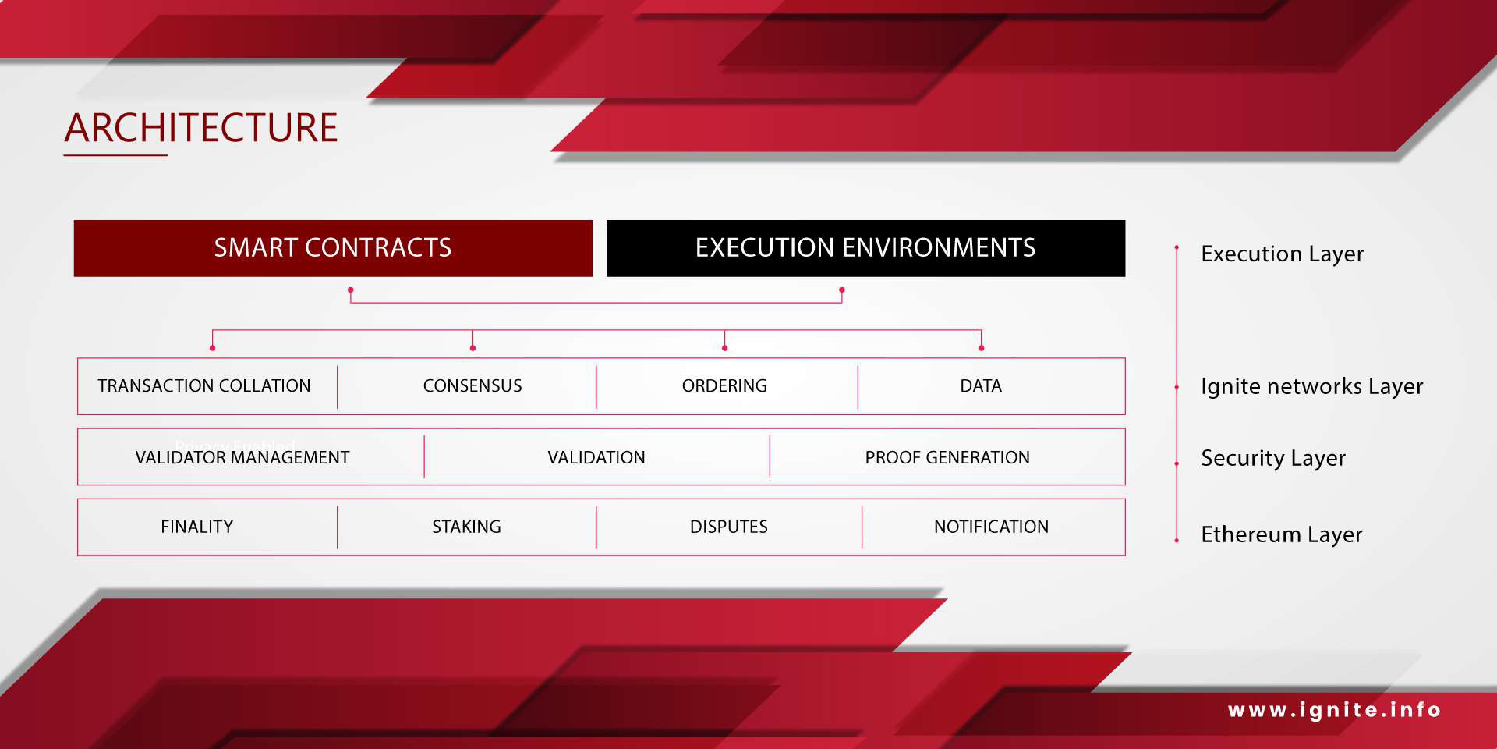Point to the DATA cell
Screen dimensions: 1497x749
point(992,386)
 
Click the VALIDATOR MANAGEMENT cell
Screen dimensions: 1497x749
point(251,457)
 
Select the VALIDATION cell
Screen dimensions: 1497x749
point(597,457)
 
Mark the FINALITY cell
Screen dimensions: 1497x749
point(207,527)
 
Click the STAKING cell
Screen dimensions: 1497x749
point(467,527)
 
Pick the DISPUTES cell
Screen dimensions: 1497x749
point(729,527)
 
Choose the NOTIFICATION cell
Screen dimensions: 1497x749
point(994,527)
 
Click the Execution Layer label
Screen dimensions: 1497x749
point(1282,254)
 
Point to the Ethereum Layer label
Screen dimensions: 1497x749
point(1281,534)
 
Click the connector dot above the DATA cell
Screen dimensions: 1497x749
point(981,348)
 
